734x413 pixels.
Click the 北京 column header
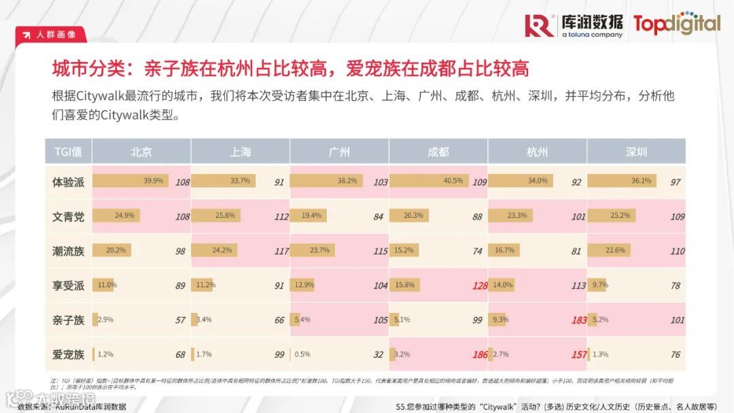coord(141,152)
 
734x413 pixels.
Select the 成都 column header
coord(438,152)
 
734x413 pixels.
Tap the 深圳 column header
coord(636,152)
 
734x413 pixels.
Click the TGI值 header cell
coord(68,152)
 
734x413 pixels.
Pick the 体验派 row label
coord(68,182)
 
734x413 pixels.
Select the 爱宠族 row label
coord(68,354)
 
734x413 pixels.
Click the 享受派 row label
coord(68,286)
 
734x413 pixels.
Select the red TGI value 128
coord(480,286)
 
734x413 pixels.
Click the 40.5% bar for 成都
coord(427,181)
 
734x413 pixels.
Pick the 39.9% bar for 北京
coord(129,181)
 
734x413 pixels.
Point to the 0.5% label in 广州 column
coord(303,354)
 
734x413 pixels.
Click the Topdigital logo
coord(676,24)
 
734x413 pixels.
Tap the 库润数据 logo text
coord(591,22)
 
